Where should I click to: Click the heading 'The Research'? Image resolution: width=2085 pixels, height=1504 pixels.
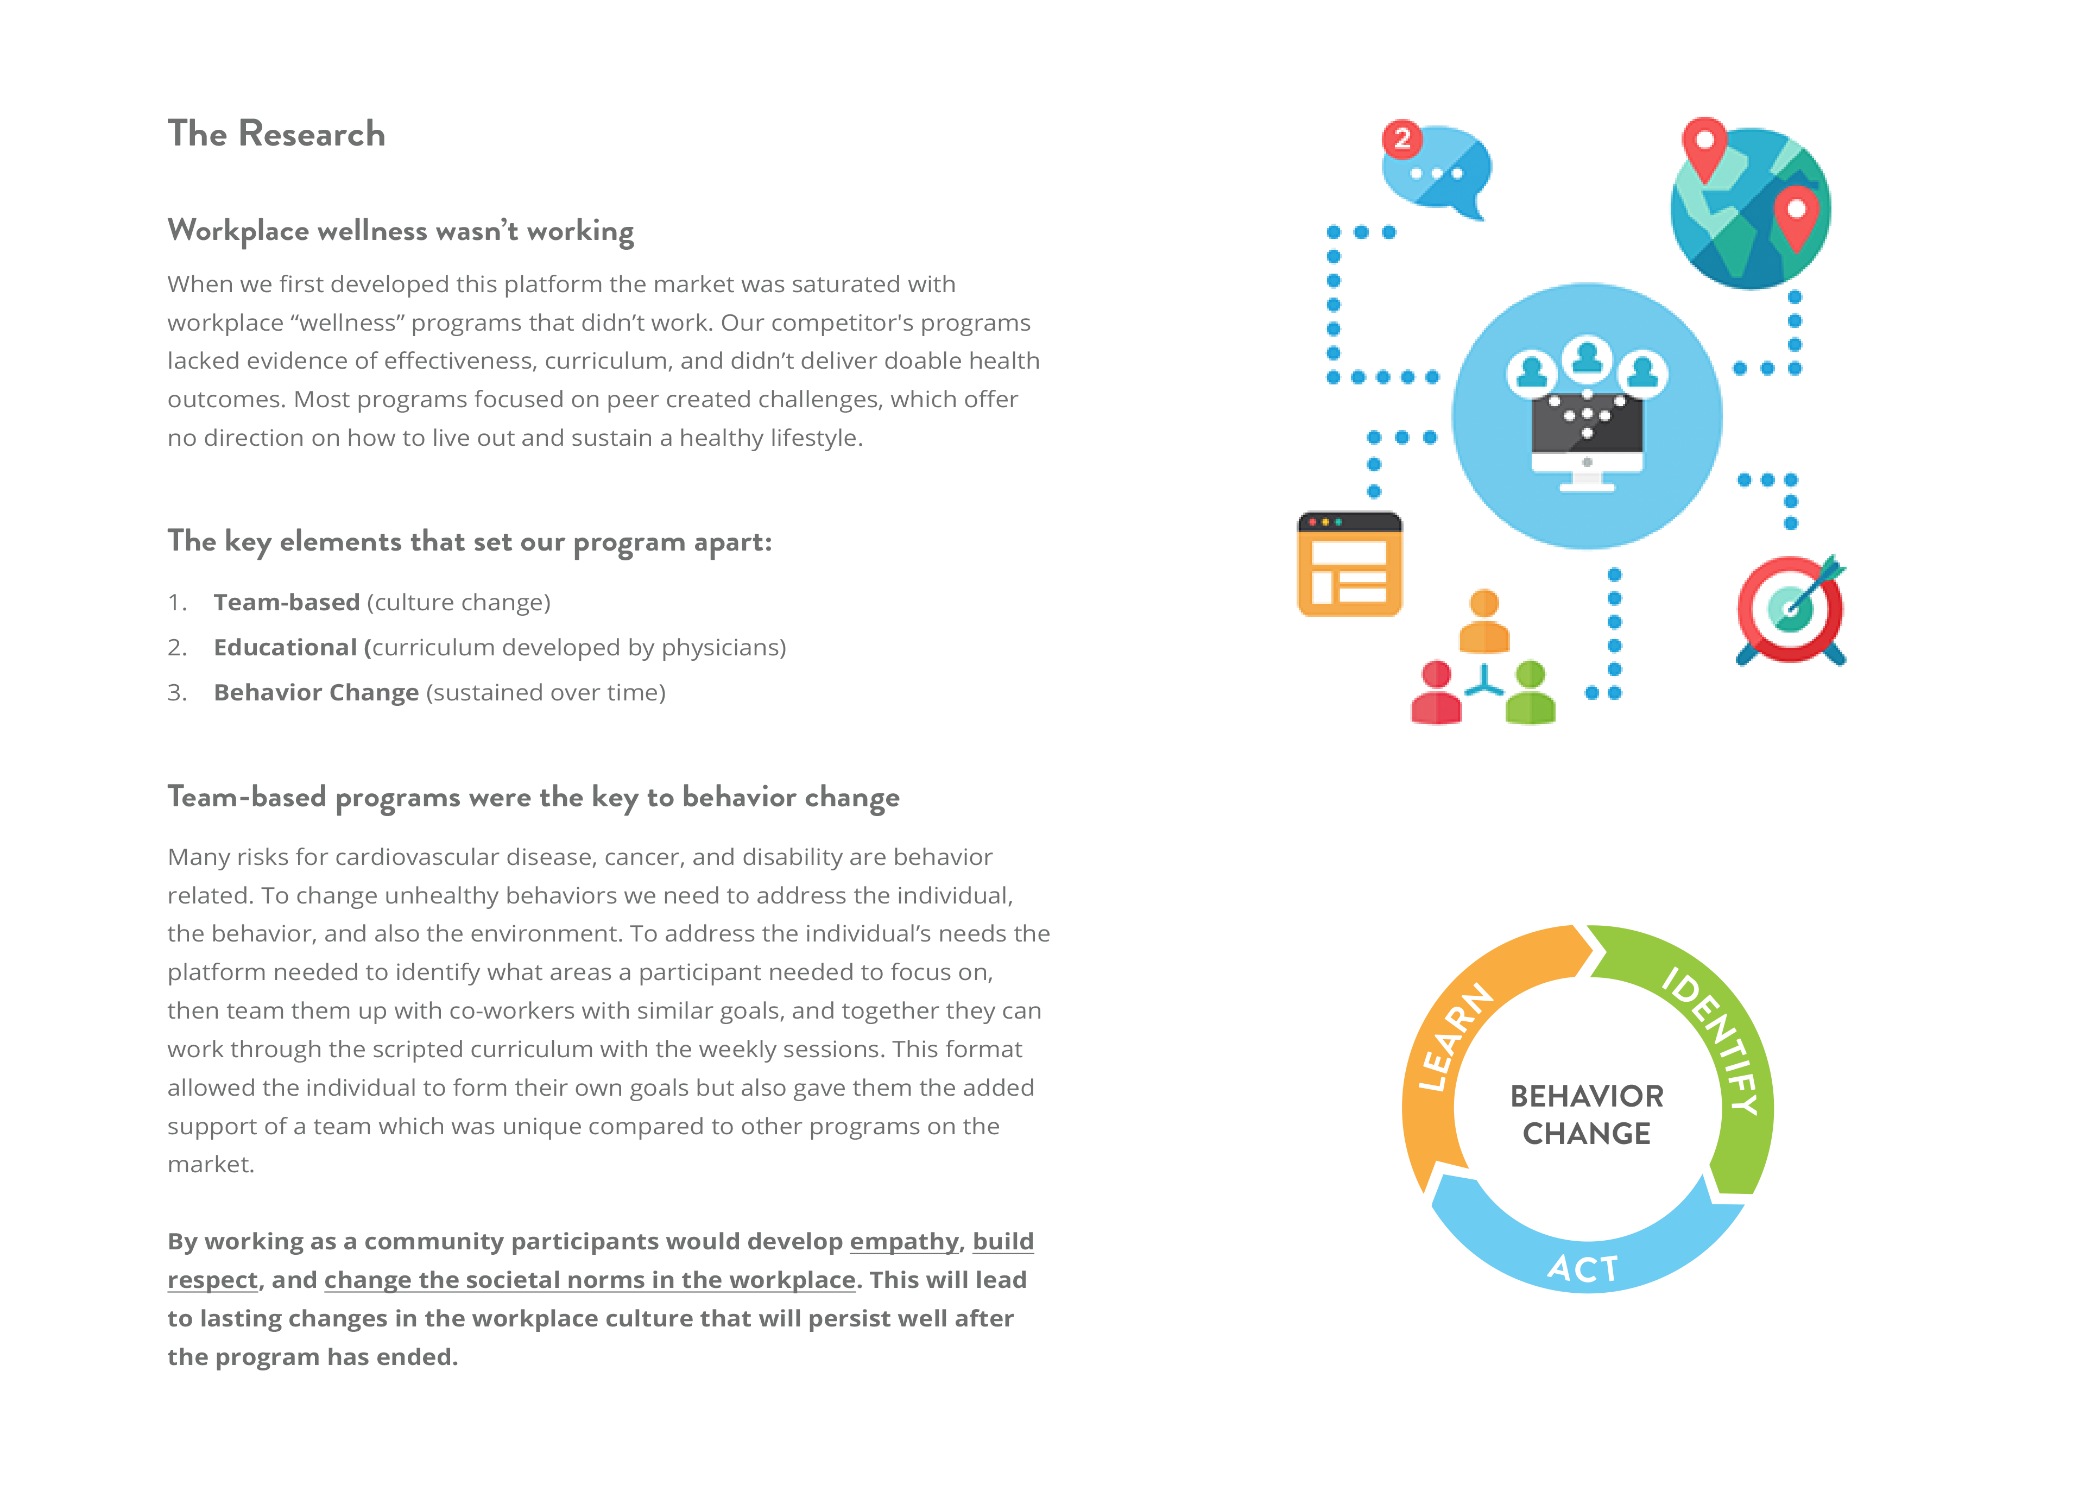click(x=276, y=134)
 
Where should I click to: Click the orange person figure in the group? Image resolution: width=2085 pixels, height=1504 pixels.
click(x=1484, y=622)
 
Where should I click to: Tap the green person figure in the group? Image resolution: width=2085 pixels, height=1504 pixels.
click(x=1530, y=693)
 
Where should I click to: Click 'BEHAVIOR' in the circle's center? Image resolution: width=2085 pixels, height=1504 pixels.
click(x=1587, y=1096)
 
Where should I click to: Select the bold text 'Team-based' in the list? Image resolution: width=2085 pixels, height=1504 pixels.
click(x=286, y=602)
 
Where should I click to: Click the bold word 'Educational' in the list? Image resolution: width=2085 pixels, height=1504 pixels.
click(x=285, y=647)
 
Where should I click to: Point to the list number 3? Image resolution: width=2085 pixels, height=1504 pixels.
click(x=176, y=692)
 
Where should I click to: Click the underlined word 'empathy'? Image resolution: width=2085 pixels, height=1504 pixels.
click(x=903, y=1241)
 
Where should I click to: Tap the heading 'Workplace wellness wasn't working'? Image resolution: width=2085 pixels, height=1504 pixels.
click(x=401, y=231)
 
